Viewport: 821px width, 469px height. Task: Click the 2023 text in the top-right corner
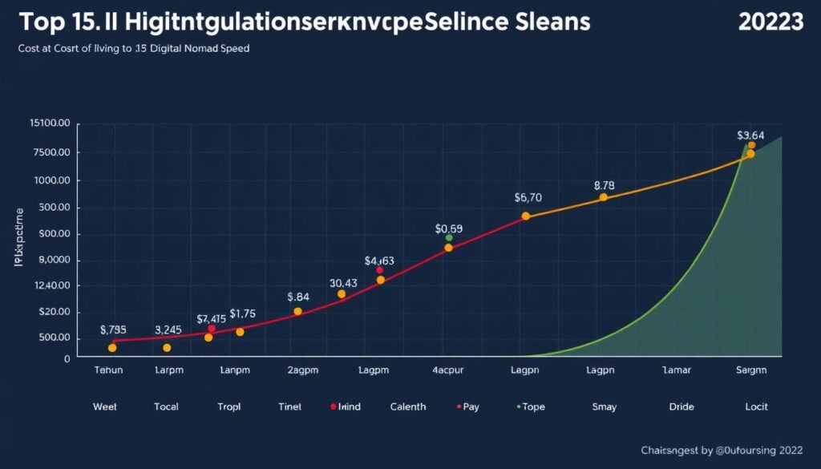pyautogui.click(x=770, y=22)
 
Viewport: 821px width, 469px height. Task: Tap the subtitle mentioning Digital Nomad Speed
pyautogui.click(x=133, y=49)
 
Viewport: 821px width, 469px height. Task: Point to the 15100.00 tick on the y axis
pyautogui.click(x=50, y=123)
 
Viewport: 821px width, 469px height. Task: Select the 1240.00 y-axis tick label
pyautogui.click(x=51, y=286)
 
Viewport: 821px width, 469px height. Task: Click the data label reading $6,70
pyautogui.click(x=528, y=198)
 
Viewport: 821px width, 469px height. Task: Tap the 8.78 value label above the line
pyautogui.click(x=604, y=185)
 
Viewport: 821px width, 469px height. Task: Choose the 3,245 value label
pyautogui.click(x=168, y=330)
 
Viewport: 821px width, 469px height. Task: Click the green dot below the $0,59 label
pyautogui.click(x=449, y=238)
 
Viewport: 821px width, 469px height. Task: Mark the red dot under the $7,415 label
pyautogui.click(x=212, y=329)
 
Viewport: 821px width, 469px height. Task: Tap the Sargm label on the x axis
pyautogui.click(x=751, y=370)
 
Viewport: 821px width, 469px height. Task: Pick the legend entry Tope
pyautogui.click(x=532, y=407)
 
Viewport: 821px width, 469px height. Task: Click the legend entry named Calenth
pyautogui.click(x=408, y=407)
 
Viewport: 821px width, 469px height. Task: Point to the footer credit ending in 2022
pyautogui.click(x=722, y=451)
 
